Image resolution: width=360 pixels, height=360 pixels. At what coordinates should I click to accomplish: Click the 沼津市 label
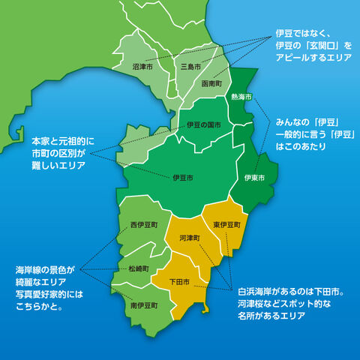pos(143,67)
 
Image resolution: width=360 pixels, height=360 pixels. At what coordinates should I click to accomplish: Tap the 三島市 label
pos(191,67)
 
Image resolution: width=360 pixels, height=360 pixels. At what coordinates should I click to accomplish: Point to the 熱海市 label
pos(241,97)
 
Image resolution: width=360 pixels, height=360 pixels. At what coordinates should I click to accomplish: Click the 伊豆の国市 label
pos(203,124)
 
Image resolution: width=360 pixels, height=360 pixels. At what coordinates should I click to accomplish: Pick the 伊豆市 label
pos(182,178)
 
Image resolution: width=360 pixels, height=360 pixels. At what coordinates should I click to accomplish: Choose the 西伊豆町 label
pos(143,224)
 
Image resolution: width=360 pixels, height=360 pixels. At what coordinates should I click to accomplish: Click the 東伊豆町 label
pos(226,224)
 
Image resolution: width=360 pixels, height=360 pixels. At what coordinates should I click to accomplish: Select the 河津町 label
pos(190,238)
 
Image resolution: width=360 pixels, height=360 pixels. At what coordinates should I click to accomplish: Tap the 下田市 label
pos(179,282)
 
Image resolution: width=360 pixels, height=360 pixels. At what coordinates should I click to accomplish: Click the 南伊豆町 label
pos(143,306)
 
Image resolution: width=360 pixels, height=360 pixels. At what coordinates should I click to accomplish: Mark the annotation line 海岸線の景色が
pos(46,268)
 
